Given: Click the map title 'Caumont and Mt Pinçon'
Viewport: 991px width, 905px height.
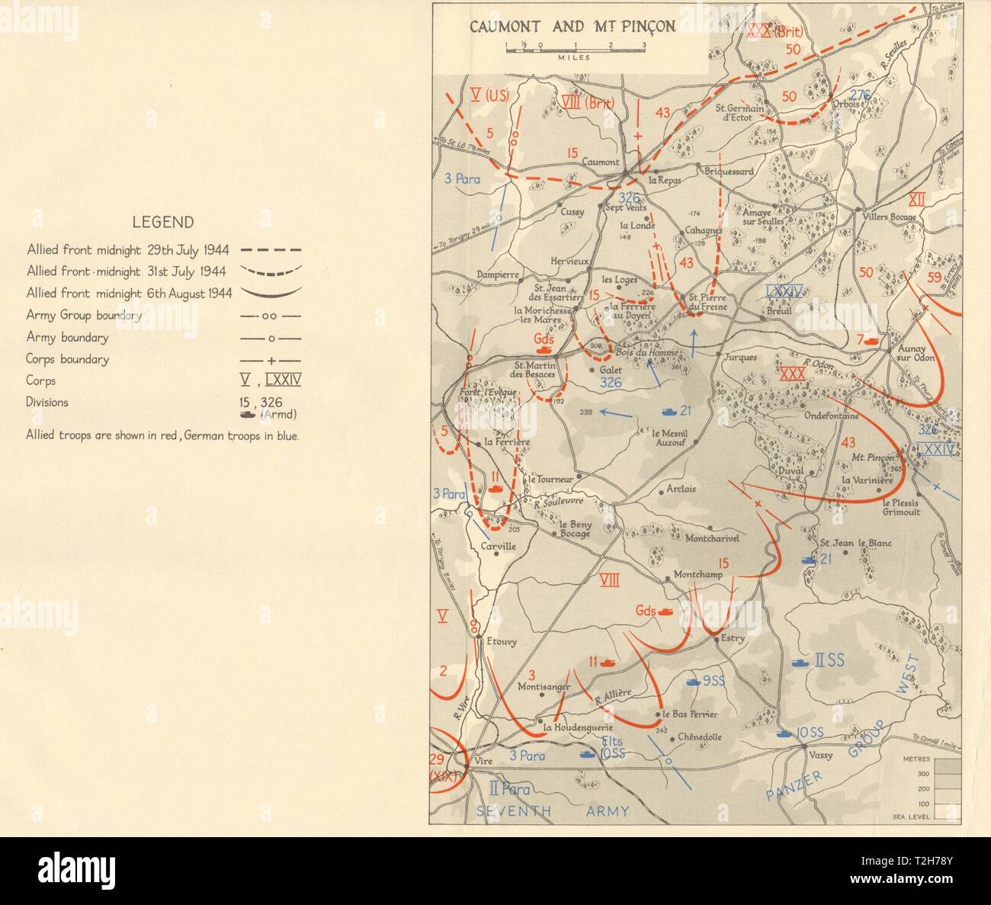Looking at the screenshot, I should pyautogui.click(x=572, y=27).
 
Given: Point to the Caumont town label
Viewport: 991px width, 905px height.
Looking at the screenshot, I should pyautogui.click(x=601, y=162).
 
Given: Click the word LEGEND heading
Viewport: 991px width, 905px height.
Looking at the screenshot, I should pyautogui.click(x=162, y=223).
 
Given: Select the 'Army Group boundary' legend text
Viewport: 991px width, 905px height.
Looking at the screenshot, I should pyautogui.click(x=84, y=315).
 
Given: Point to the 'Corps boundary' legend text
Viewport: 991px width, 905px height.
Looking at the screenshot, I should pyautogui.click(x=67, y=359).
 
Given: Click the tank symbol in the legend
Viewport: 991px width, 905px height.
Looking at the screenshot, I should pyautogui.click(x=249, y=414).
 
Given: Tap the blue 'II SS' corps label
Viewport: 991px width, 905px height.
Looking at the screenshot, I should pyautogui.click(x=829, y=660).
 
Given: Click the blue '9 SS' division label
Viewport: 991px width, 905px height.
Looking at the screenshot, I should pyautogui.click(x=713, y=681).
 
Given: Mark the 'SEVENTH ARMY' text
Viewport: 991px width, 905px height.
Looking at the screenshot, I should pyautogui.click(x=553, y=811).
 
